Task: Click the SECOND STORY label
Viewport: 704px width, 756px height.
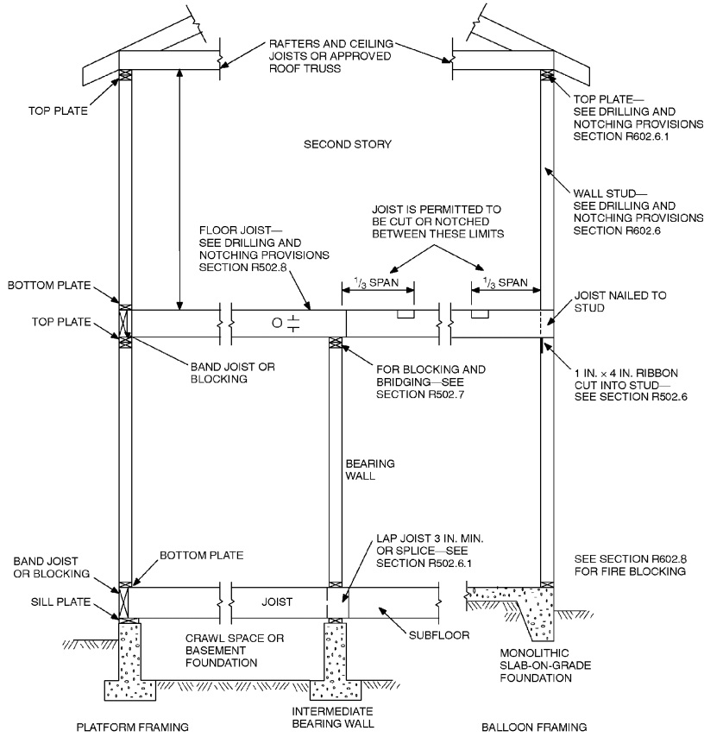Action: click(348, 143)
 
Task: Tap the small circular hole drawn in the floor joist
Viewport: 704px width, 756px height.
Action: click(277, 324)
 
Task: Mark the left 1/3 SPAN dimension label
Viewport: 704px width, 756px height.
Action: click(378, 282)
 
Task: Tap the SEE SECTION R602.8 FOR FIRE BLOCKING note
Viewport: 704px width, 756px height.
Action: click(620, 565)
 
